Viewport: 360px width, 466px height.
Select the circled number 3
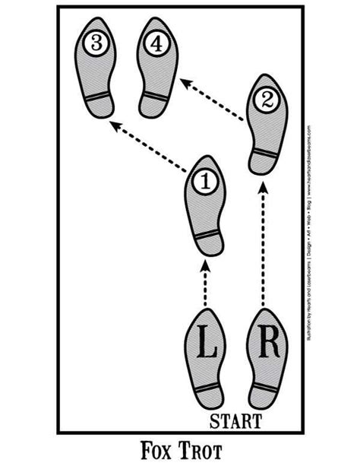point(96,44)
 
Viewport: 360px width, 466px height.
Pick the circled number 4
point(156,45)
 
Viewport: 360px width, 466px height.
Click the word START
point(236,420)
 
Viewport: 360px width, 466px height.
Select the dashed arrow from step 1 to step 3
point(150,144)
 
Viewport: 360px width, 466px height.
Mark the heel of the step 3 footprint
point(99,106)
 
